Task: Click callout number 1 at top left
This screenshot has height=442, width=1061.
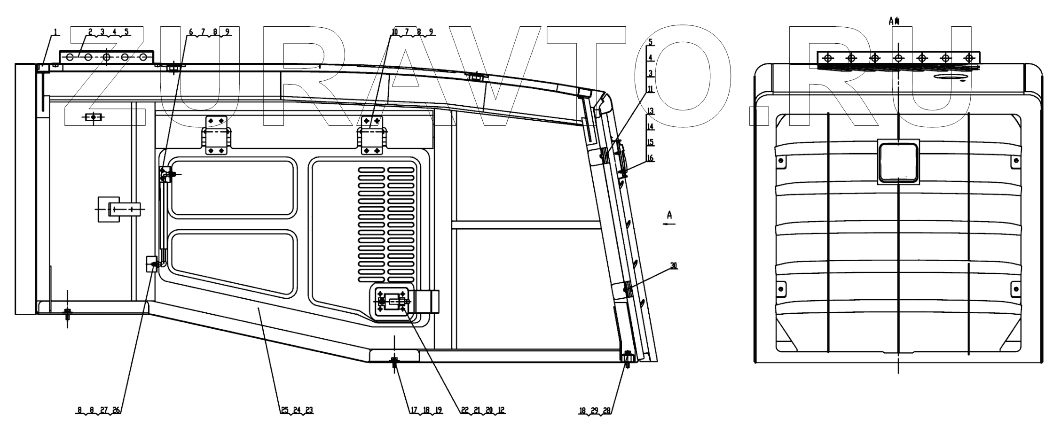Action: click(56, 32)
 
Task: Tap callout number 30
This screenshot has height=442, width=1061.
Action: click(674, 266)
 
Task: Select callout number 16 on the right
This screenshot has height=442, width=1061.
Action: click(650, 158)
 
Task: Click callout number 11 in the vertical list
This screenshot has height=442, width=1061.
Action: click(650, 89)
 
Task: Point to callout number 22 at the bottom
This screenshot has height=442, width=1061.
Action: click(465, 410)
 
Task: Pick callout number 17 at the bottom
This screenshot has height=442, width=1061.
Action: click(414, 410)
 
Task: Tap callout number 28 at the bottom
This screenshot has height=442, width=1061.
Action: click(607, 411)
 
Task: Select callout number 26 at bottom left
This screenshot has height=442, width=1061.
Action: click(116, 410)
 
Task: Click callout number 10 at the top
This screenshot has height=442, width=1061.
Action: click(394, 32)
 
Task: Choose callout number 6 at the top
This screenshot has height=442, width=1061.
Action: click(191, 32)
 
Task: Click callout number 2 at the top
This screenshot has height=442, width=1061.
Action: click(90, 32)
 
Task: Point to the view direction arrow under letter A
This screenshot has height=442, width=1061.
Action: click(669, 225)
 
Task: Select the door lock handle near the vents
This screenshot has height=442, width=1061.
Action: click(393, 302)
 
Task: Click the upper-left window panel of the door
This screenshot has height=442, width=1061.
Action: click(234, 188)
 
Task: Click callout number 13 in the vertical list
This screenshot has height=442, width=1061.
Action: click(650, 111)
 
